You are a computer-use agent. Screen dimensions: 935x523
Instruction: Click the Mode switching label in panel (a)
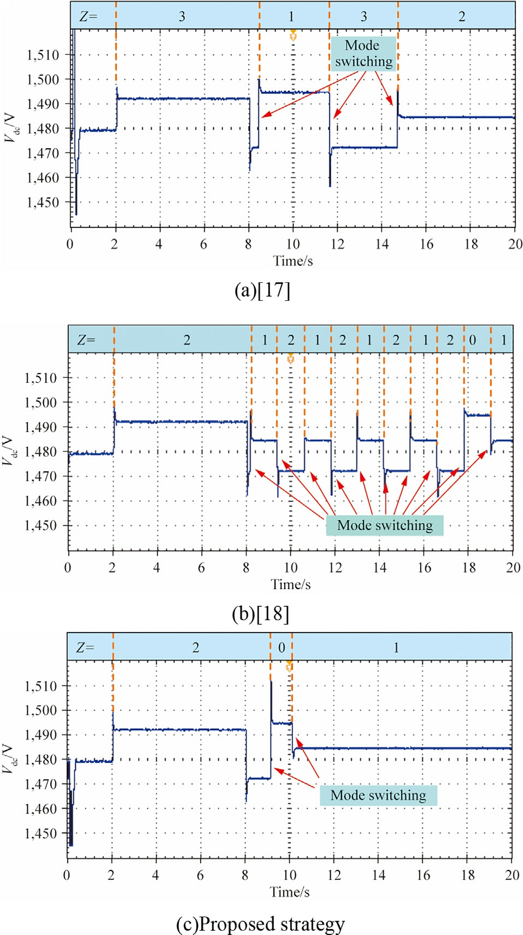pyautogui.click(x=363, y=53)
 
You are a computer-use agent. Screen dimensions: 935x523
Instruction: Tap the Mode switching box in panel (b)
pyautogui.click(x=385, y=525)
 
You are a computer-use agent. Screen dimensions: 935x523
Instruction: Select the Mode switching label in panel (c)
pyautogui.click(x=378, y=795)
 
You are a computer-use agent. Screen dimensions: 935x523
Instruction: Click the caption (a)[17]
pyautogui.click(x=262, y=290)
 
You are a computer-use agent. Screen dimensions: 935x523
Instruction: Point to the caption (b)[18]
pyautogui.click(x=261, y=613)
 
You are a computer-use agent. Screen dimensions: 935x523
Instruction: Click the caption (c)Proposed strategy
pyautogui.click(x=261, y=924)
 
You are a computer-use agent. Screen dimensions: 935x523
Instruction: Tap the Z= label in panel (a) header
pyautogui.click(x=88, y=16)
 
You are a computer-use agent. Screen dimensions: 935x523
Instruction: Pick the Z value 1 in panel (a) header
pyautogui.click(x=291, y=16)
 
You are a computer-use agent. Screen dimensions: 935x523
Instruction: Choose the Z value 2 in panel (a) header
pyautogui.click(x=462, y=16)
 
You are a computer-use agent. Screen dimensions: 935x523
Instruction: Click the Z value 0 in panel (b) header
pyautogui.click(x=473, y=340)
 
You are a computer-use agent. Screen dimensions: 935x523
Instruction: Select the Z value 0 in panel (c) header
pyautogui.click(x=281, y=647)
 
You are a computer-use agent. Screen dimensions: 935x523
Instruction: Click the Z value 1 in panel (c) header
pyautogui.click(x=396, y=647)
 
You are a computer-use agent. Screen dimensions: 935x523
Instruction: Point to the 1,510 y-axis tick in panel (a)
pyautogui.click(x=43, y=55)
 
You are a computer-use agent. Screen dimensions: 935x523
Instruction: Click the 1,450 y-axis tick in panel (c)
pyautogui.click(x=41, y=834)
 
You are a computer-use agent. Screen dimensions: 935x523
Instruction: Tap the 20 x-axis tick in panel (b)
pyautogui.click(x=513, y=568)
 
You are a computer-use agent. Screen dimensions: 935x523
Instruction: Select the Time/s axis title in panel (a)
pyautogui.click(x=293, y=261)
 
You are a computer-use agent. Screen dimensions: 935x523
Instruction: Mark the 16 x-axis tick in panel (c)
pyautogui.click(x=424, y=875)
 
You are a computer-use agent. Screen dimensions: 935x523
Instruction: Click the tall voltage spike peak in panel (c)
pyautogui.click(x=271, y=681)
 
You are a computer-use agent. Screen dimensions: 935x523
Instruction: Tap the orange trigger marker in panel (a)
pyautogui.click(x=293, y=36)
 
